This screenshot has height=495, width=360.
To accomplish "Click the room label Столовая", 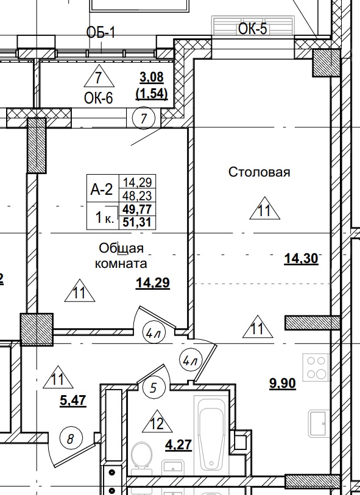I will [259, 172].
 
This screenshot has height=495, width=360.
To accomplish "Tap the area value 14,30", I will [301, 258].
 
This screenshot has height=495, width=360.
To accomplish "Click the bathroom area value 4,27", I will [179, 444].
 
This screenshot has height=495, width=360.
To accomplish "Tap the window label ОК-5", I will [253, 29].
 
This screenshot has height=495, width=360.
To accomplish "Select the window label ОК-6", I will [99, 97].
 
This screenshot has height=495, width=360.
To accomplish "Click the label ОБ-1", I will [101, 32].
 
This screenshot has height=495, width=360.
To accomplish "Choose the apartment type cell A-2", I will [102, 189].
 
